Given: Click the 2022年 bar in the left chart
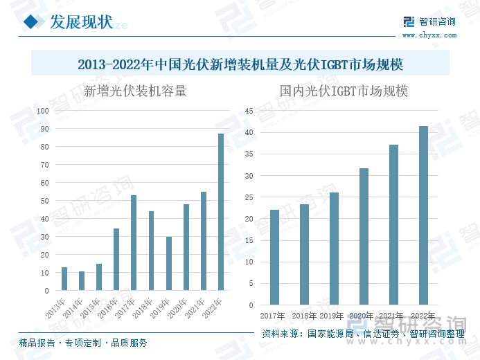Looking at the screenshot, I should (x=221, y=212).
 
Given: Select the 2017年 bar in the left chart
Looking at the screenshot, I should (x=134, y=243).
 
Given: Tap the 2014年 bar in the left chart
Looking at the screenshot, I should (x=82, y=281).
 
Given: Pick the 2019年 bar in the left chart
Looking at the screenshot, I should (x=169, y=264).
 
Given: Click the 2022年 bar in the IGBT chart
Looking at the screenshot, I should (x=424, y=215).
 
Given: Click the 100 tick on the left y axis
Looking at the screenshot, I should (x=43, y=111).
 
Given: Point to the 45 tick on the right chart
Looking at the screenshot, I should (x=250, y=111).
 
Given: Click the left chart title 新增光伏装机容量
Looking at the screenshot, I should (x=135, y=91).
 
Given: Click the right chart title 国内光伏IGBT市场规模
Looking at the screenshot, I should (x=344, y=91).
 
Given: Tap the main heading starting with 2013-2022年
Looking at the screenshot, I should (x=240, y=64).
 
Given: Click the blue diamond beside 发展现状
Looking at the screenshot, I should (x=32, y=23).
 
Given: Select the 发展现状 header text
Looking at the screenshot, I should (x=80, y=22).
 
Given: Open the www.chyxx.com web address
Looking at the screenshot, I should (x=428, y=34).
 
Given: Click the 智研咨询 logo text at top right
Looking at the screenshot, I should (x=436, y=21).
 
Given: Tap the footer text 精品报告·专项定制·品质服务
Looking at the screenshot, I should (x=83, y=343).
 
